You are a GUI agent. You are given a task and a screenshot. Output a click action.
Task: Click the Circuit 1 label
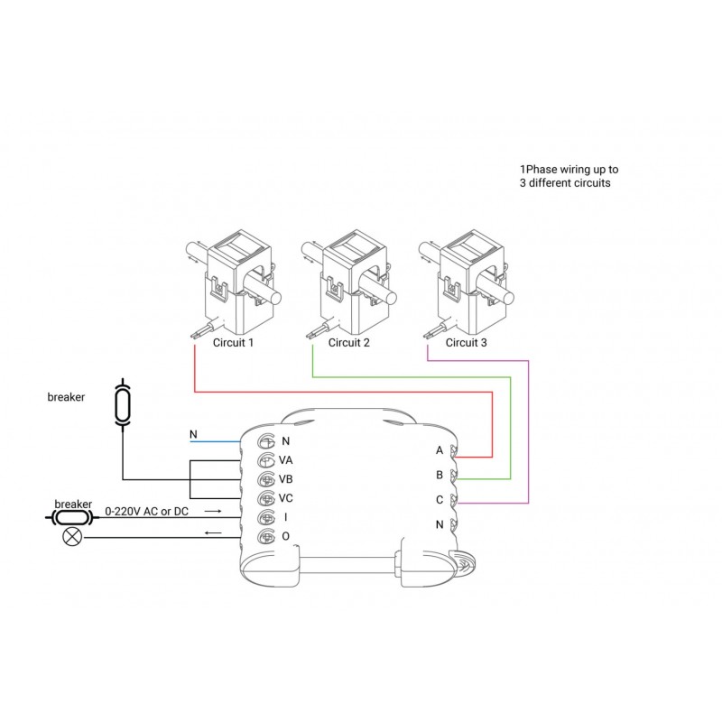point(233,343)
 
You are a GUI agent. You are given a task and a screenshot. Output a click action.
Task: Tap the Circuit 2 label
point(349,343)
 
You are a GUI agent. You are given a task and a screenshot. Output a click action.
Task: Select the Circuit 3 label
point(466,343)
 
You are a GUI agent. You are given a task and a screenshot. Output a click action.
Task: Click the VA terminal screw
point(266,460)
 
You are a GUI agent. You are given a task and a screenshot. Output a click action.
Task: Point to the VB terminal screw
point(266,479)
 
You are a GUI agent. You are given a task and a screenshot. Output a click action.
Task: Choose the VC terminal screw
point(266,498)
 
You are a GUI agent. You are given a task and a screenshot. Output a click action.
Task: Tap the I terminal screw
point(266,518)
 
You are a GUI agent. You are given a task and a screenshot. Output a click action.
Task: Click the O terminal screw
point(266,537)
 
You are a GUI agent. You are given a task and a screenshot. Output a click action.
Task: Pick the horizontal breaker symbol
point(69,518)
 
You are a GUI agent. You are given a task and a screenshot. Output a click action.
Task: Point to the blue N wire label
point(193,435)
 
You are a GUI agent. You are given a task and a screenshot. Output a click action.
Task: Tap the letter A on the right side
point(440,449)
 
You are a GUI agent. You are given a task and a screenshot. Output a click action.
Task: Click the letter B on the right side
point(440,474)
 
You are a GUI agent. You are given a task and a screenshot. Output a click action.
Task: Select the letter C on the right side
point(440,499)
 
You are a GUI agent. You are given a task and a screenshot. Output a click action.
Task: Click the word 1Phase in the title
point(539,170)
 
